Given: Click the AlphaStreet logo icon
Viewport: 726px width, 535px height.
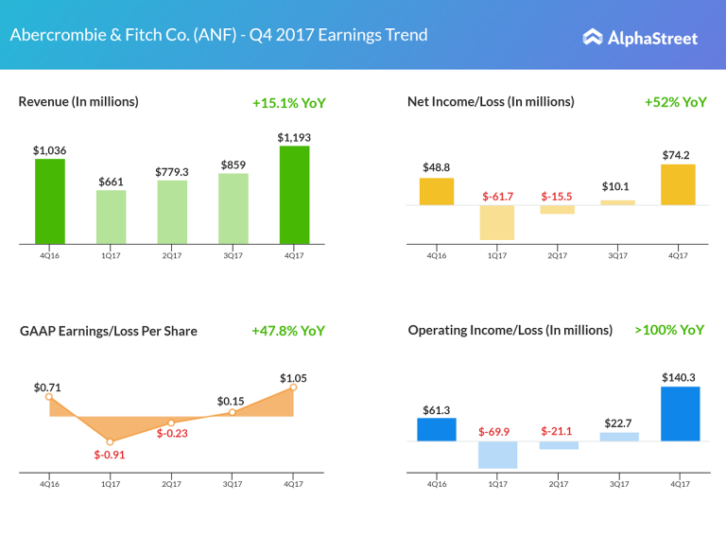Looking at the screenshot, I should click(x=593, y=38).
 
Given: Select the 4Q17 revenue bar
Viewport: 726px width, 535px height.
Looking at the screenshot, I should click(x=294, y=194).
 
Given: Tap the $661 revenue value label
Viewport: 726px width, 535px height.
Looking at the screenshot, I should click(x=111, y=181).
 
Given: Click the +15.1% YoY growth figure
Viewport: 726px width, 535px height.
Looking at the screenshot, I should click(x=288, y=103).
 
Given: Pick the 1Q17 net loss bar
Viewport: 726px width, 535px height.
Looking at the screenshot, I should click(x=496, y=222).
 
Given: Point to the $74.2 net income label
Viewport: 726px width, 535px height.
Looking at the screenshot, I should click(x=678, y=155).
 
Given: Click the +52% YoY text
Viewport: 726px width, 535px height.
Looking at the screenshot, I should click(x=675, y=102).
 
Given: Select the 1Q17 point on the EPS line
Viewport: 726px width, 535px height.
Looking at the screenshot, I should click(x=111, y=441).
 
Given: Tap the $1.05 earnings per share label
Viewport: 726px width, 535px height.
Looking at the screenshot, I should click(x=293, y=378).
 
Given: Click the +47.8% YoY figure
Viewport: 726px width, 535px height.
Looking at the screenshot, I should click(x=288, y=331).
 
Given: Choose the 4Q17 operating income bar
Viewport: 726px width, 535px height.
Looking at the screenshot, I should click(x=680, y=413).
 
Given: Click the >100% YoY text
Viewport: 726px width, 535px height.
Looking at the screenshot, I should click(x=669, y=330).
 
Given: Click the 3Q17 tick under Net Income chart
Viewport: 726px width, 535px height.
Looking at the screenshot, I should click(x=617, y=254).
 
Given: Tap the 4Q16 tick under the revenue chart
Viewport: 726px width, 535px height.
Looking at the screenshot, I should click(x=50, y=254).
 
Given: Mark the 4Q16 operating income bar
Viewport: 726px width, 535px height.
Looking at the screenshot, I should click(x=436, y=429).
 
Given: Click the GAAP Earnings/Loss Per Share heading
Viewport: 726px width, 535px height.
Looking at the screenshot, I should click(x=109, y=331).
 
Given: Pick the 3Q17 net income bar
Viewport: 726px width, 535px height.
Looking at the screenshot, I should click(x=618, y=202).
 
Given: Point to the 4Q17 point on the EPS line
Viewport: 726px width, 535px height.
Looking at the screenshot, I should click(x=293, y=387).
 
